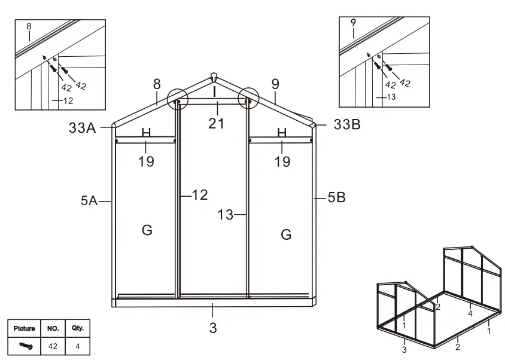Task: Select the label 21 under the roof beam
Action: (x=216, y=123)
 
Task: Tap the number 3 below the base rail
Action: (x=213, y=328)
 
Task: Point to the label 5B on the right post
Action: (x=336, y=198)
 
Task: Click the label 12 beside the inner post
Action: (x=200, y=194)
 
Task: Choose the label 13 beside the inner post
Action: (x=225, y=215)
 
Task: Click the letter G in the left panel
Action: (x=147, y=230)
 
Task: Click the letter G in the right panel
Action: (x=286, y=234)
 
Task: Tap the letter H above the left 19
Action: (x=146, y=133)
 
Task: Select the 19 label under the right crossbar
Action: (x=282, y=161)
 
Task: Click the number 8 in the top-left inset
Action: (x=28, y=26)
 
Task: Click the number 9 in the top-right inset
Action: (x=353, y=23)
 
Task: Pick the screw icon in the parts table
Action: (x=26, y=346)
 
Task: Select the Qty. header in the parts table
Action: (x=77, y=328)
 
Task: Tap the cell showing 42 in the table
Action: (x=52, y=346)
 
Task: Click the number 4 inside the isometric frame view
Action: (x=470, y=313)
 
